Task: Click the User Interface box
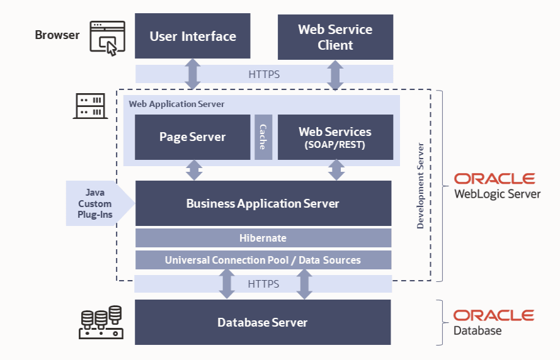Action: point(193,36)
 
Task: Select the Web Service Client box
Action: point(335,37)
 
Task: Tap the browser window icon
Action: point(104,38)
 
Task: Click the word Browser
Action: point(57,35)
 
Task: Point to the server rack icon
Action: point(89,106)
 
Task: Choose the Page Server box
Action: point(193,137)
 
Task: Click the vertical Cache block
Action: point(263,137)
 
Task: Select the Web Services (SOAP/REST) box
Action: point(335,137)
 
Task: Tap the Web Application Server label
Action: point(176,104)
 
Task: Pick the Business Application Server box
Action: point(263,203)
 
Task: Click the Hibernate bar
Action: point(263,238)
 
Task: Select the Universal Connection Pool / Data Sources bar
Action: point(263,260)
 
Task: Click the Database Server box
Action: point(263,322)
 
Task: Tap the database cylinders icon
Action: point(101,322)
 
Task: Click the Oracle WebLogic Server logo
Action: point(497,186)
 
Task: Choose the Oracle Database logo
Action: point(493,322)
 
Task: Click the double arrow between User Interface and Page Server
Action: point(193,74)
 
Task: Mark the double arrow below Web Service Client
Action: point(335,74)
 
